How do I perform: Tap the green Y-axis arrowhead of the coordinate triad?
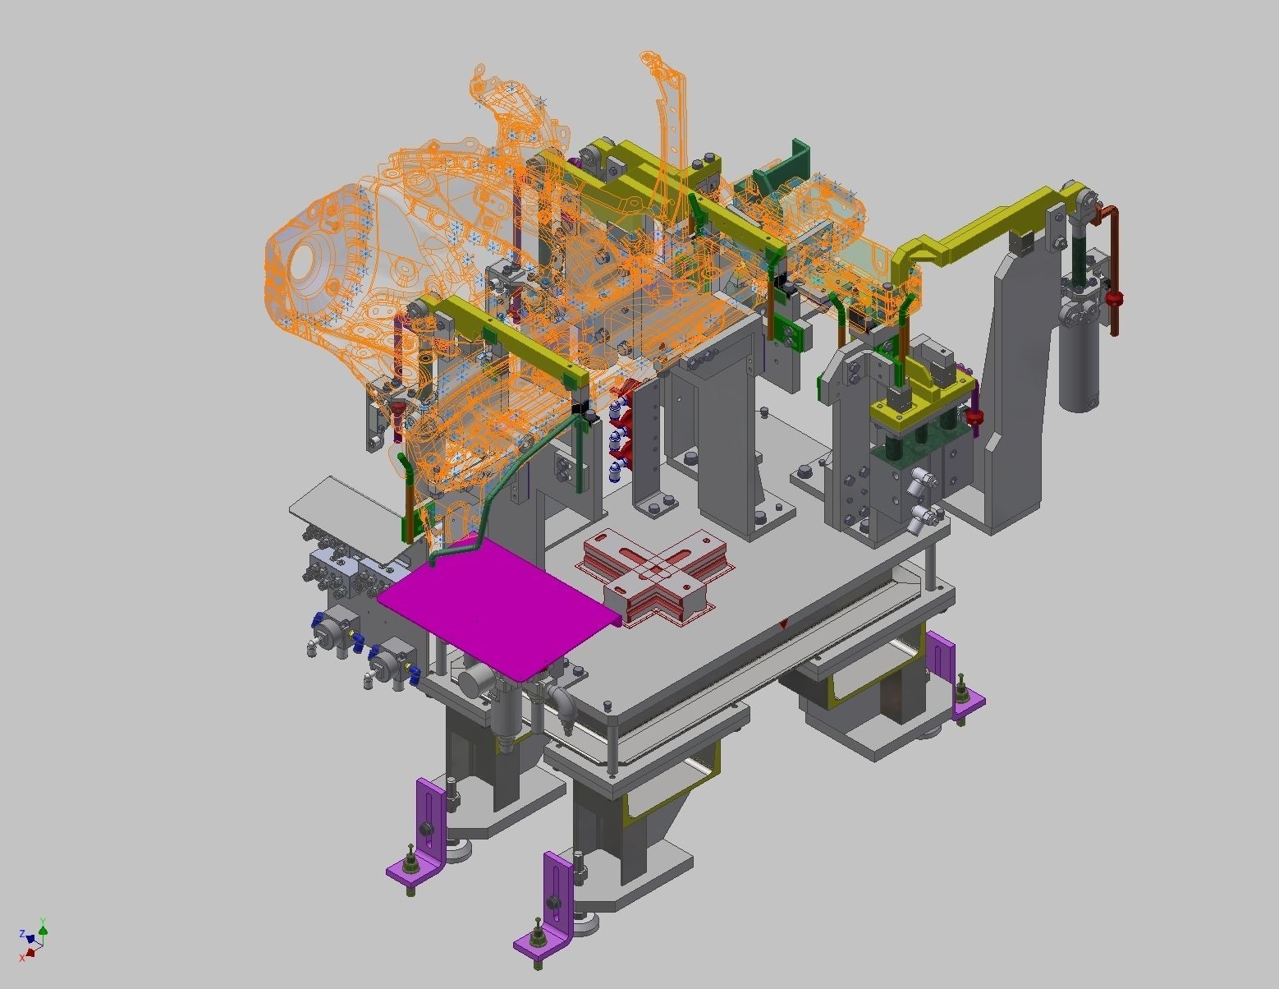(x=43, y=930)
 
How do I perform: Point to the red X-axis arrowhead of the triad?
(x=30, y=953)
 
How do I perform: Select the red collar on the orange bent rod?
(x=1113, y=297)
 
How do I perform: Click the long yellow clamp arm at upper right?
(x=977, y=234)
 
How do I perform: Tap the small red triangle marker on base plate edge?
(x=783, y=624)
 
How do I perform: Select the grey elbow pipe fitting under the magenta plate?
(x=564, y=702)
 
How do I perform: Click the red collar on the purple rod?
(x=975, y=420)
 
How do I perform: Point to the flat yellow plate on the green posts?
(x=919, y=402)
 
